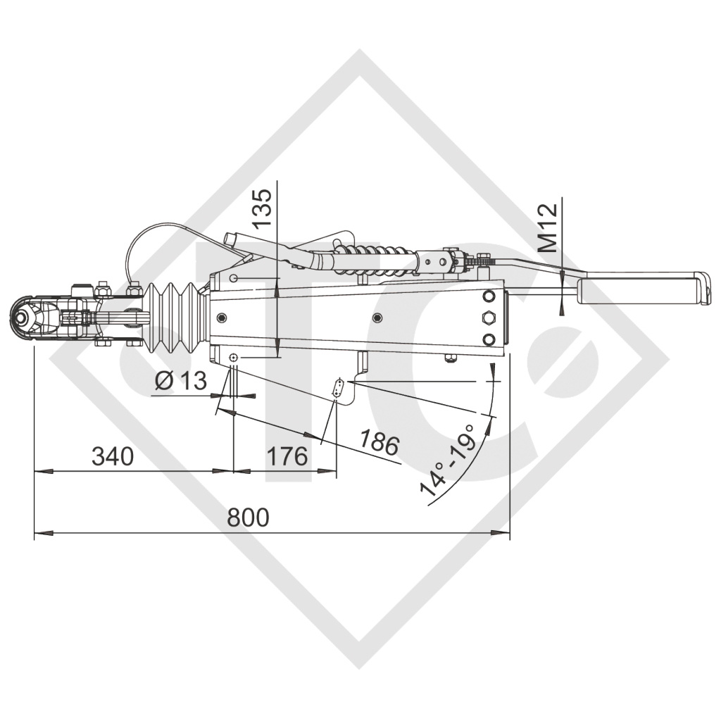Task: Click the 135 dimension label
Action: (x=263, y=209)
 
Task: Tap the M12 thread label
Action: (x=548, y=227)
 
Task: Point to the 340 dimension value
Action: (x=112, y=456)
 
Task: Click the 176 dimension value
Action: (x=287, y=456)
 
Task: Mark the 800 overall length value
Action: (x=248, y=518)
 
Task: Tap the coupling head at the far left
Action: (x=27, y=320)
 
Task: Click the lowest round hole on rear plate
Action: (x=487, y=340)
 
